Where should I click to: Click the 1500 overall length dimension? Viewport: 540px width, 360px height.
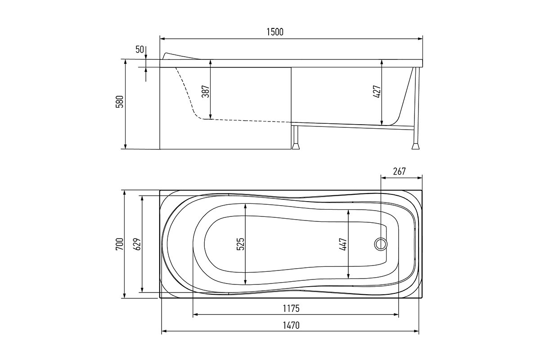(x=275, y=32)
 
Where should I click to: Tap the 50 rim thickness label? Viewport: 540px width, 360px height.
(x=139, y=49)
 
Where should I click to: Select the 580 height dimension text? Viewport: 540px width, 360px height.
(x=120, y=102)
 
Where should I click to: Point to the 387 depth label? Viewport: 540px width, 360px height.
(x=205, y=91)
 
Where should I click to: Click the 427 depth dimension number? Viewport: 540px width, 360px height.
(x=377, y=92)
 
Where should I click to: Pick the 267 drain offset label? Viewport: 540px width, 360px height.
(x=399, y=171)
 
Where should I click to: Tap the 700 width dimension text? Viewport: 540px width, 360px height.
(x=120, y=244)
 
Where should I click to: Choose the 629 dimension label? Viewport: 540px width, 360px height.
(x=137, y=244)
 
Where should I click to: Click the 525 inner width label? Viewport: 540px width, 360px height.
(x=240, y=244)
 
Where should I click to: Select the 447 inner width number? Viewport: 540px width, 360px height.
(x=343, y=244)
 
